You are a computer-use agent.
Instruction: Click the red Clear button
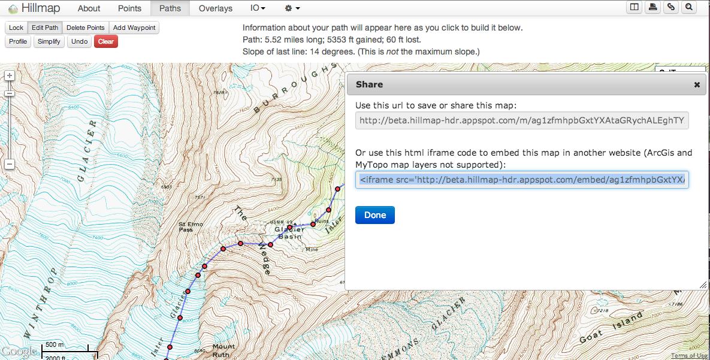point(106,41)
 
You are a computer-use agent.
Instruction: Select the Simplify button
point(49,41)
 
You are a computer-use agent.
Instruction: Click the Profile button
point(18,41)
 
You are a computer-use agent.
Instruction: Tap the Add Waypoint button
point(134,28)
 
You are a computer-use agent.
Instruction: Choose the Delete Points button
point(85,28)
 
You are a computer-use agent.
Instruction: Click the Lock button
point(16,28)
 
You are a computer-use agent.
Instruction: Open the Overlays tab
point(216,8)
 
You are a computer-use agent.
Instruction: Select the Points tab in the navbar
point(129,8)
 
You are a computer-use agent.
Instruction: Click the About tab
point(89,8)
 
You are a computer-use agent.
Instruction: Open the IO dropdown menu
point(258,8)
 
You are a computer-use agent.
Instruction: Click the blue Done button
point(374,215)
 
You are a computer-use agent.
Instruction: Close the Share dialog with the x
point(697,85)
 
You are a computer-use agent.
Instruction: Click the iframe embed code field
point(522,180)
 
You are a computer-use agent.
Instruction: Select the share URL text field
point(522,120)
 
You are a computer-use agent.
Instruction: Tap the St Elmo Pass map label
point(191,227)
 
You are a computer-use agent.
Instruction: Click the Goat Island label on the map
point(605,332)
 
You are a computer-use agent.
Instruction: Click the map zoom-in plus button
point(10,75)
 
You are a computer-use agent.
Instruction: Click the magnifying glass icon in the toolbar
point(689,7)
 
